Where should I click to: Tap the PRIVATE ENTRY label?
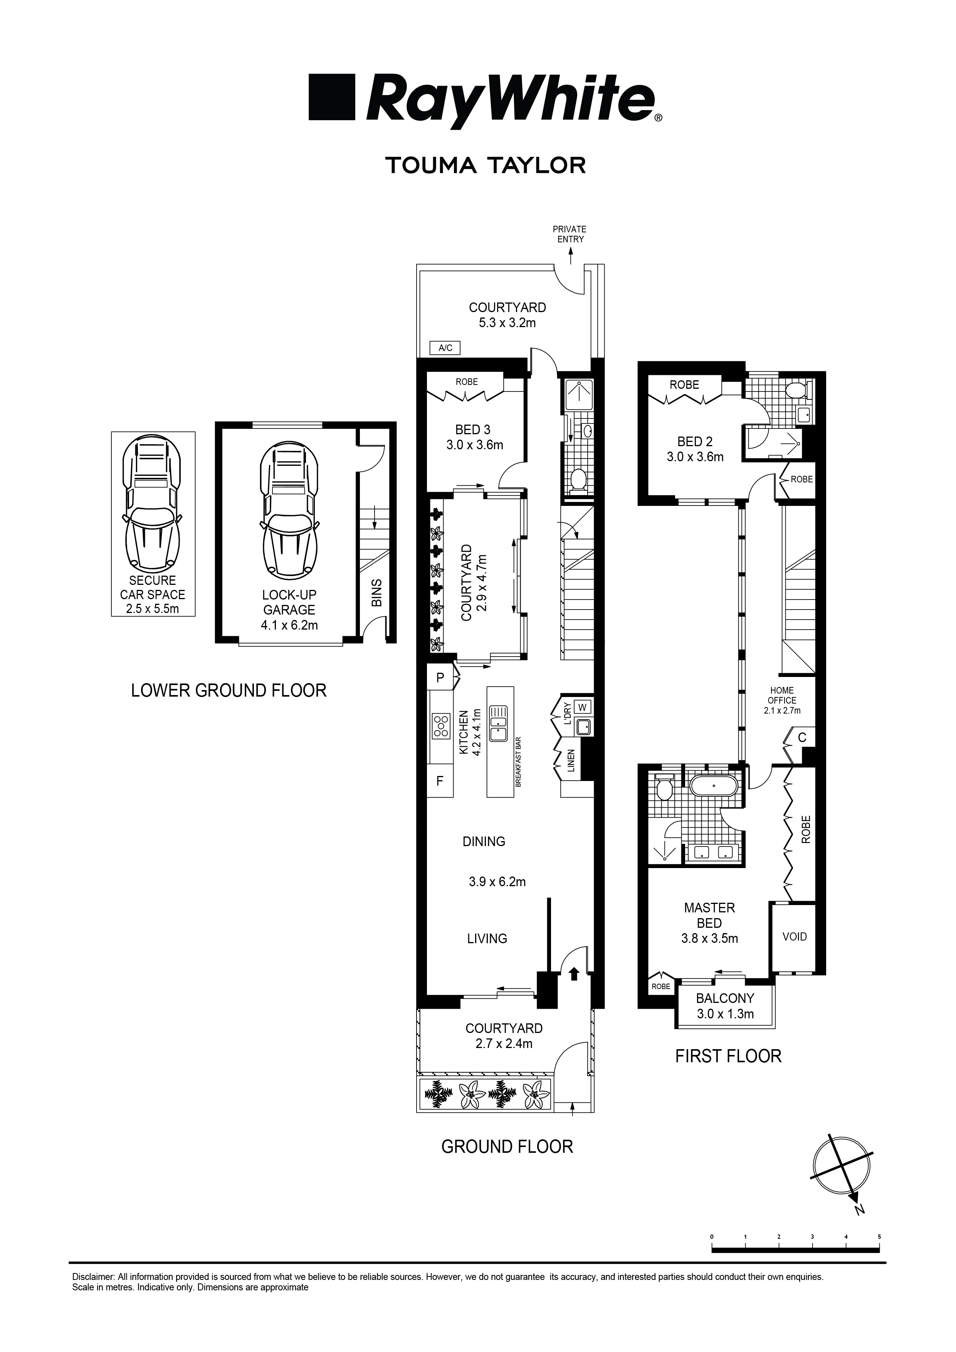click(x=570, y=234)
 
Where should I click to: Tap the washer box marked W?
click(x=582, y=707)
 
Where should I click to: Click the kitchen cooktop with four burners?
click(x=440, y=726)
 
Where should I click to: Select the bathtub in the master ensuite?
click(x=713, y=786)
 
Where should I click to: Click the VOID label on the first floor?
click(x=794, y=936)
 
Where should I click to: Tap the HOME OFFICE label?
click(x=782, y=695)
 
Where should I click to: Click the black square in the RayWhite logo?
click(x=332, y=97)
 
